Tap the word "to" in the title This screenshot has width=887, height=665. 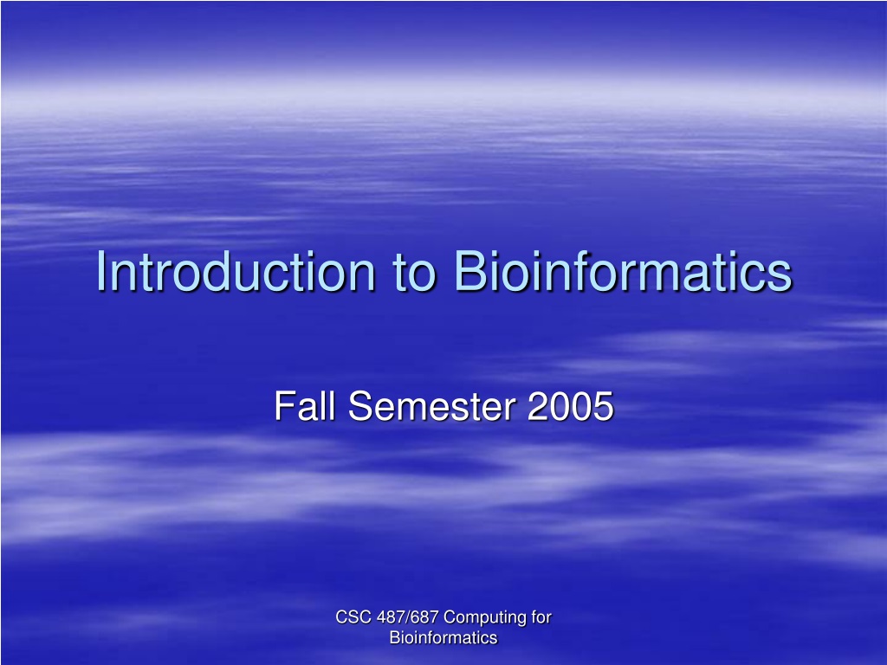(415, 273)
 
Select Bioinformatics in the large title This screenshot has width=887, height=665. (623, 271)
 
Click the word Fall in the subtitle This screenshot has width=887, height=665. (306, 405)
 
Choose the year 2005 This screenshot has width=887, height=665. (570, 406)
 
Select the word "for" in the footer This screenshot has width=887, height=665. (541, 617)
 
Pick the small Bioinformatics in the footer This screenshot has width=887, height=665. (443, 638)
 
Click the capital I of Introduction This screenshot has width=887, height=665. (101, 271)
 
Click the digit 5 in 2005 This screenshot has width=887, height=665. (604, 407)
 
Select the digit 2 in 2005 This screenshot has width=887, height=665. (537, 405)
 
